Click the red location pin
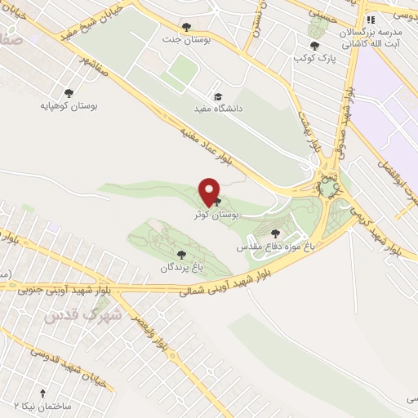point(211,192)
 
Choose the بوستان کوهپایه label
point(69,105)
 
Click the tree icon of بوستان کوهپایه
point(69,92)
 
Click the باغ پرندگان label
point(179,268)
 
